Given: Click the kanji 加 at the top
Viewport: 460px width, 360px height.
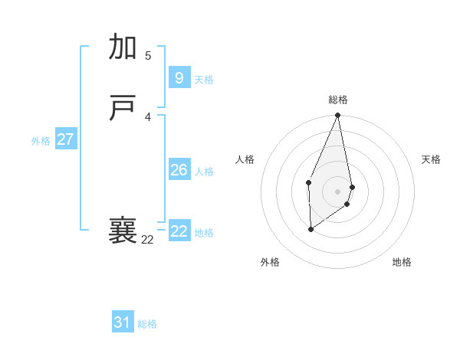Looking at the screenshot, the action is (x=123, y=47).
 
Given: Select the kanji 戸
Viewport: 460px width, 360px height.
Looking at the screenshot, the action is (x=123, y=109).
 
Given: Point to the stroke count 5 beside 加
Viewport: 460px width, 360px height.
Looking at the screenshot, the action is (x=148, y=55).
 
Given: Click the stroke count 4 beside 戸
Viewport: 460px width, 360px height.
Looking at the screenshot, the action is (x=148, y=116).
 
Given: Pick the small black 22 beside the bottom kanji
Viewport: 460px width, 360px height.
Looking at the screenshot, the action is (x=147, y=240).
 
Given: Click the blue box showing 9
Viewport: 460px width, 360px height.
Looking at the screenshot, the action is (x=179, y=78).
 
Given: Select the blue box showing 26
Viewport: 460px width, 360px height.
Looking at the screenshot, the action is (x=179, y=170).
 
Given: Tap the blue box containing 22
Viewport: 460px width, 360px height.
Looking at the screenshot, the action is (x=179, y=231).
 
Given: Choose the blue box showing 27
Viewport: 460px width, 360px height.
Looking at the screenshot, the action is (x=66, y=139).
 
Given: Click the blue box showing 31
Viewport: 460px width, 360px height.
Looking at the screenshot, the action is (x=123, y=322).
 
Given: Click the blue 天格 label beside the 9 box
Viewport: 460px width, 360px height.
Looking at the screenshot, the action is (x=204, y=80).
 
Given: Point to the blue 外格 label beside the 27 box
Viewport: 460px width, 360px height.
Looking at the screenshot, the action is (x=41, y=141).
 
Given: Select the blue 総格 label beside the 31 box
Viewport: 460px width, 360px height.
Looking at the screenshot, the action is (x=147, y=324).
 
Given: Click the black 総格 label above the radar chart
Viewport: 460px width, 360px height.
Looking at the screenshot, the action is (x=338, y=100).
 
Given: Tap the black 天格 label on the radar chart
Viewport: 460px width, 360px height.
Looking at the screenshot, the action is (x=432, y=159).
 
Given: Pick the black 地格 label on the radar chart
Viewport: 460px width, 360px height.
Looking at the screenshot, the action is (x=402, y=262).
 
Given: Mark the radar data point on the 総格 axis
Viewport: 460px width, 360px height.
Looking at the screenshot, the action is (x=338, y=116).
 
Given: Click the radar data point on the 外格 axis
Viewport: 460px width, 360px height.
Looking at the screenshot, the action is (x=310, y=228).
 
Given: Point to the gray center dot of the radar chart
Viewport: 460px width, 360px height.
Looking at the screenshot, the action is (x=338, y=191).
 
